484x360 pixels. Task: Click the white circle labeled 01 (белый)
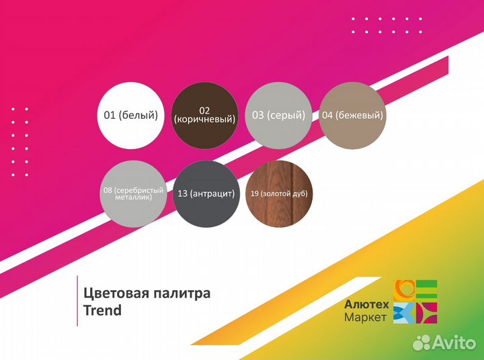tap(130, 116)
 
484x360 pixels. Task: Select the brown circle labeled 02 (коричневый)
tap(205, 116)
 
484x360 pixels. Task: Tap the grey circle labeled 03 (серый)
tap(278, 116)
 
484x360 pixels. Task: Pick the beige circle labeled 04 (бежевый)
tap(352, 116)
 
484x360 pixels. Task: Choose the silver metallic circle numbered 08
tap(132, 194)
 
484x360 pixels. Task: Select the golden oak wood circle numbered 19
tap(278, 194)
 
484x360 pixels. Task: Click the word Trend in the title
tap(102, 310)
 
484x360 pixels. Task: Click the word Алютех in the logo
tap(366, 304)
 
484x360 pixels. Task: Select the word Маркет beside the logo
tap(365, 316)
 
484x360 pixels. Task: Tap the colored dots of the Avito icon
tap(421, 343)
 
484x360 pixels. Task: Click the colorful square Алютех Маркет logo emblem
tap(415, 302)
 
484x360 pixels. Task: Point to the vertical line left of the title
tap(77, 301)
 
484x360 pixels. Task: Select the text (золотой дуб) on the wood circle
tap(288, 194)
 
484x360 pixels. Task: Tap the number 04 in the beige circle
tap(327, 116)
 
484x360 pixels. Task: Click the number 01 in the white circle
tap(110, 116)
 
